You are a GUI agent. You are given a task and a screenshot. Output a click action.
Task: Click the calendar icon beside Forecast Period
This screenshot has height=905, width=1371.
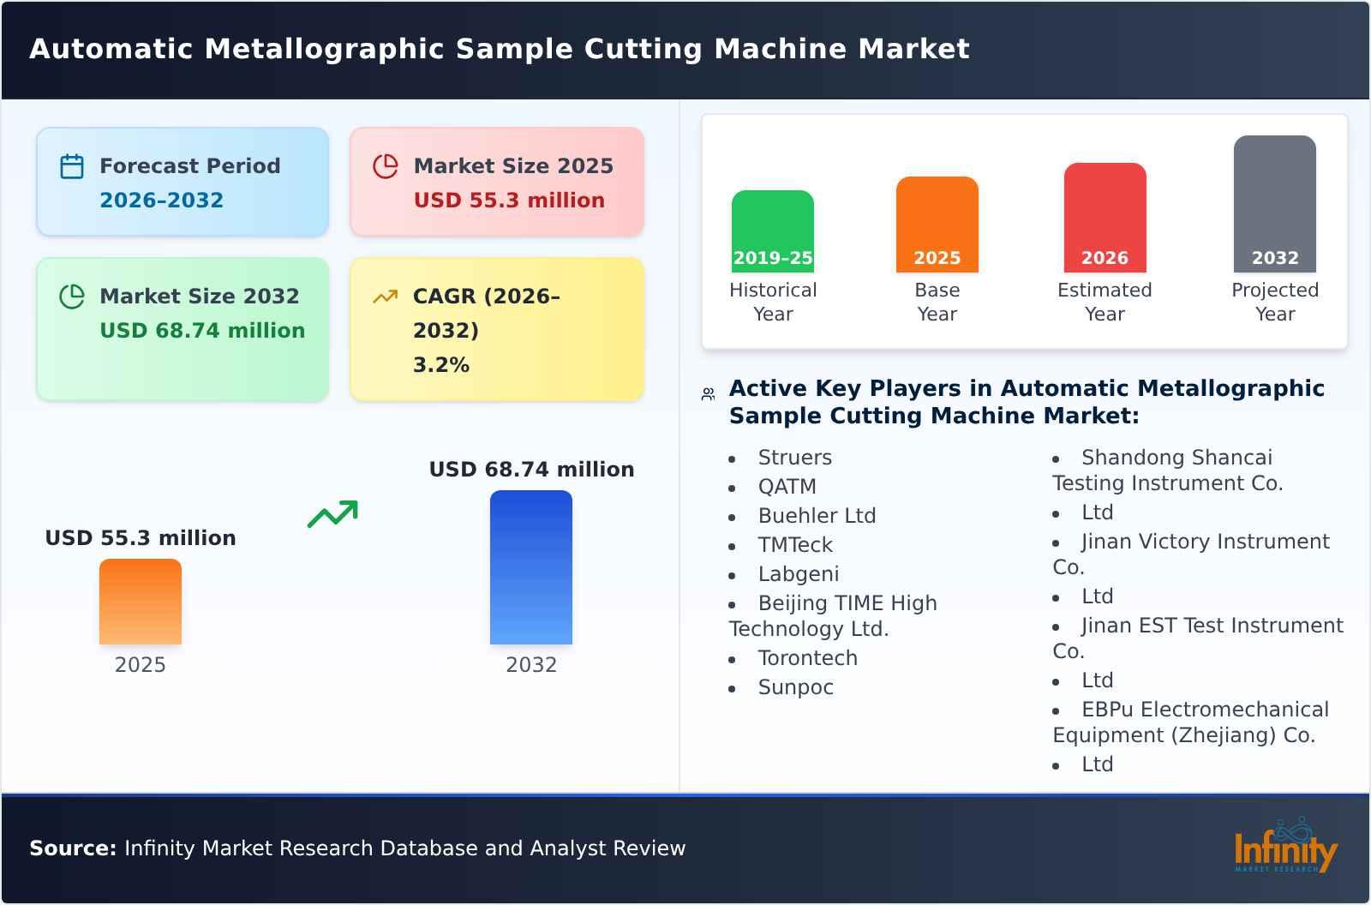click(72, 166)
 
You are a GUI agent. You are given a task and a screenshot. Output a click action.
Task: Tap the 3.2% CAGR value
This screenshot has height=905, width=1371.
click(441, 365)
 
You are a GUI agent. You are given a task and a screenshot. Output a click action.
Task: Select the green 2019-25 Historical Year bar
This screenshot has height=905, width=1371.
click(772, 231)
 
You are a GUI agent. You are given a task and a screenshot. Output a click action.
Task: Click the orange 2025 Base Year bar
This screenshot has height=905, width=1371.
click(937, 225)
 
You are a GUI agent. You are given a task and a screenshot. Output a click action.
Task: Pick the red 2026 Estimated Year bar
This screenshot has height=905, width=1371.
click(1105, 218)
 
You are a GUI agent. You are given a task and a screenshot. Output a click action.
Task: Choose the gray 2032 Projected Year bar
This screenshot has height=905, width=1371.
click(1274, 204)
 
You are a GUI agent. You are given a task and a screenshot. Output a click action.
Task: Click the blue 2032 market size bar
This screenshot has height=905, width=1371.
click(530, 567)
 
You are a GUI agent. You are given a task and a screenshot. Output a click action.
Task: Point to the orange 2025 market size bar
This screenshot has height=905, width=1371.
click(141, 602)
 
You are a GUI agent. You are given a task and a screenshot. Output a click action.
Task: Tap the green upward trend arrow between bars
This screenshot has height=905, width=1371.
click(332, 514)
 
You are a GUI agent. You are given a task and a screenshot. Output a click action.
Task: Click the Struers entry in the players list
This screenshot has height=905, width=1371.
click(794, 458)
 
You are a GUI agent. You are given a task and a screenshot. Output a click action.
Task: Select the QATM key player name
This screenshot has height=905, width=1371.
click(787, 487)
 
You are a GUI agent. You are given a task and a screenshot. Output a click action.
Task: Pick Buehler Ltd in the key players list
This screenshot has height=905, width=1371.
click(817, 516)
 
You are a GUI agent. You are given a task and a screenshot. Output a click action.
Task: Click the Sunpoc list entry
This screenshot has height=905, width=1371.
click(795, 687)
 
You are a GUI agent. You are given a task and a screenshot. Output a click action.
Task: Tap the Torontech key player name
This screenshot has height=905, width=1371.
click(807, 658)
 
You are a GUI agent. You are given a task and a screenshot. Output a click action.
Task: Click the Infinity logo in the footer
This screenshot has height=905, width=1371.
click(1285, 848)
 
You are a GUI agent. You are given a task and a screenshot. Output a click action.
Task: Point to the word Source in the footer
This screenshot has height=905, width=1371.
click(72, 848)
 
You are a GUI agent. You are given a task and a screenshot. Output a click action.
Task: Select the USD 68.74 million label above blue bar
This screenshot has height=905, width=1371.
click(531, 470)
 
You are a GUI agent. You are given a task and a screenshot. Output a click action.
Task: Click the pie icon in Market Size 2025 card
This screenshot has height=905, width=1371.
click(386, 166)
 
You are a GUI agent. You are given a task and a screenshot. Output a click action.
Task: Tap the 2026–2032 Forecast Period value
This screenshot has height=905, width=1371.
click(161, 201)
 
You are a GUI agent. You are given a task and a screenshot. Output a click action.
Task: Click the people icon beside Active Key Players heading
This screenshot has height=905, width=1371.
click(708, 394)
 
